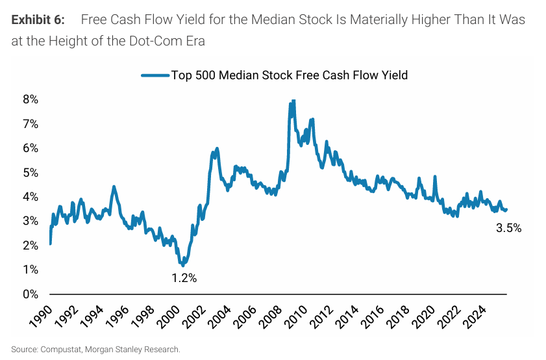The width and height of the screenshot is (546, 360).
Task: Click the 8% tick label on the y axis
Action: click(x=30, y=99)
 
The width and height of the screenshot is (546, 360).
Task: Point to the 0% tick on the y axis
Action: click(x=30, y=294)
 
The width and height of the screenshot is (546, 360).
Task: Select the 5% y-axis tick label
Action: click(x=30, y=172)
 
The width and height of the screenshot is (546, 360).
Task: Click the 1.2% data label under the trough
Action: click(x=184, y=278)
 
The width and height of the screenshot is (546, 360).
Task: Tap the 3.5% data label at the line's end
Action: click(x=508, y=228)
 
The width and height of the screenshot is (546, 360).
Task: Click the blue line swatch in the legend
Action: click(x=155, y=75)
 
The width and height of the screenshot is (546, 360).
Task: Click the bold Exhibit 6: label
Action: click(x=38, y=19)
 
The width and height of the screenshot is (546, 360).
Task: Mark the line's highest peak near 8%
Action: click(x=293, y=101)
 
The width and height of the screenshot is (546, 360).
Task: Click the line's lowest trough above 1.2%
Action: click(x=183, y=265)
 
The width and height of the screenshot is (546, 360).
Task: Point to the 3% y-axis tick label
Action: click(x=30, y=221)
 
